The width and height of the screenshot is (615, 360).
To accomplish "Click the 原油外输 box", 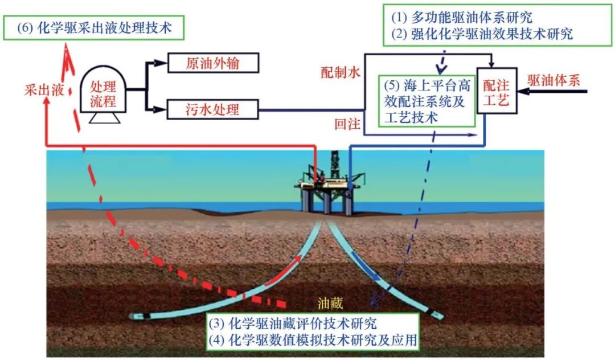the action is click(x=213, y=63).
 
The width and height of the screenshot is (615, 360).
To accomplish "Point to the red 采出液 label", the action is click(x=44, y=90).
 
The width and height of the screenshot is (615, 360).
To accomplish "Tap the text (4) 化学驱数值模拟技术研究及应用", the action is click(x=312, y=341).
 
